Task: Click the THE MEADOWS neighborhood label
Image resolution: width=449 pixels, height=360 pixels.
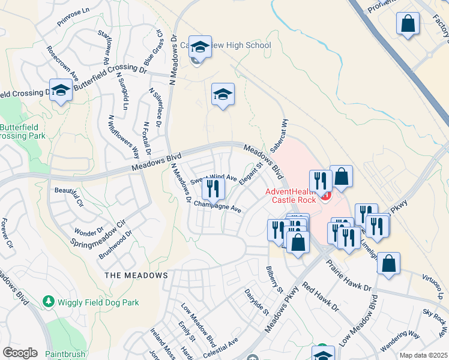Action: coord(136,275)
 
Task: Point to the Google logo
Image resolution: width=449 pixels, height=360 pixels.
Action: coord(20,353)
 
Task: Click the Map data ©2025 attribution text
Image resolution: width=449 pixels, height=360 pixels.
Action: coord(423,355)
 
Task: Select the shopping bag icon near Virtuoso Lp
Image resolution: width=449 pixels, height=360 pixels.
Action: coord(388,263)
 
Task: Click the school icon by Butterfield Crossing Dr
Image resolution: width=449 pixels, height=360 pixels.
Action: coord(61,90)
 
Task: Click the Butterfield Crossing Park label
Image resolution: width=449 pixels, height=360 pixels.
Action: coord(23,131)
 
